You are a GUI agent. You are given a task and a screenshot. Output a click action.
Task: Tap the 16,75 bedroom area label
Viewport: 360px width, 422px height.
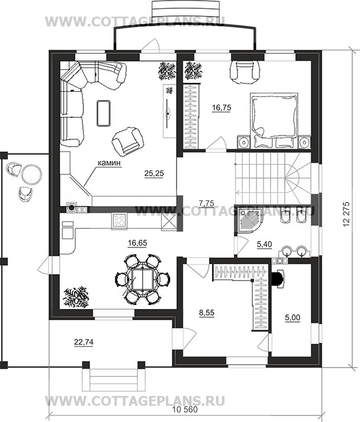[x=221, y=108]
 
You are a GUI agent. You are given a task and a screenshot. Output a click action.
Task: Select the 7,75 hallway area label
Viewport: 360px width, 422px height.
[x=207, y=203]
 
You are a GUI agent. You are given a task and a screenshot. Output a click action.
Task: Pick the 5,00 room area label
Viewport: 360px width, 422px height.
[x=292, y=318]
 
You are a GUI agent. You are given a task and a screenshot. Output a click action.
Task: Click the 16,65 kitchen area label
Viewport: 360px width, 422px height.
[x=138, y=243]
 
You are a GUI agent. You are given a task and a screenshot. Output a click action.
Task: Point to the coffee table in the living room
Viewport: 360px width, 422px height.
[x=103, y=112]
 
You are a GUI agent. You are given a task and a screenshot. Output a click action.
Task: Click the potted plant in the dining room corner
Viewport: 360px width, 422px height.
[x=76, y=295]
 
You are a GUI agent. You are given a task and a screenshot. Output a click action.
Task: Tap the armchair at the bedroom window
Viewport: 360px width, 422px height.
[x=245, y=71]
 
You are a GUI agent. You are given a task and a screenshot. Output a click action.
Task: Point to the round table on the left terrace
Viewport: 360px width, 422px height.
[x=31, y=174]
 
